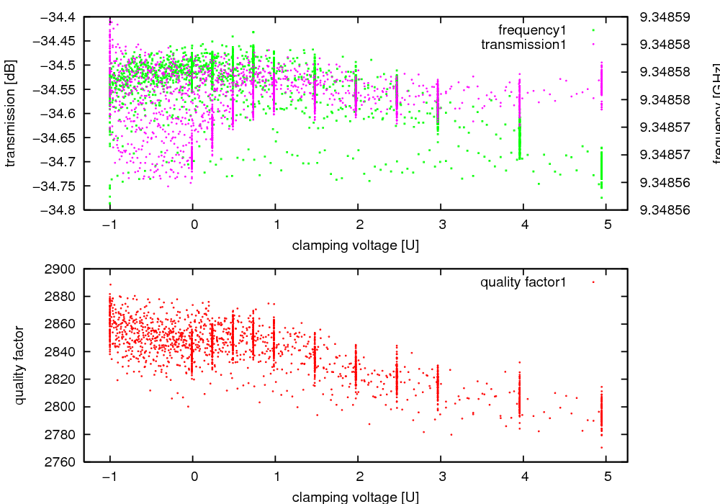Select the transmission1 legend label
coord(523,45)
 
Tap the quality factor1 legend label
coord(523,282)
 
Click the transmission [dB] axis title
coord(10,113)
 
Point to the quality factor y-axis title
coord(19,365)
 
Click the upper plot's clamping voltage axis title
coord(356,246)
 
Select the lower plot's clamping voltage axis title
coord(356,497)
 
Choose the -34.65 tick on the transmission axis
coord(58,138)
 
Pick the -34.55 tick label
coord(58,89)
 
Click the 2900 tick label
coord(61,269)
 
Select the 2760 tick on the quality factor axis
coord(61,462)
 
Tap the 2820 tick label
coord(61,379)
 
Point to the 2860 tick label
coord(61,324)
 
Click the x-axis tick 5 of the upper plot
coord(607,224)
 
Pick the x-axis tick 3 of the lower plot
coord(441,476)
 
